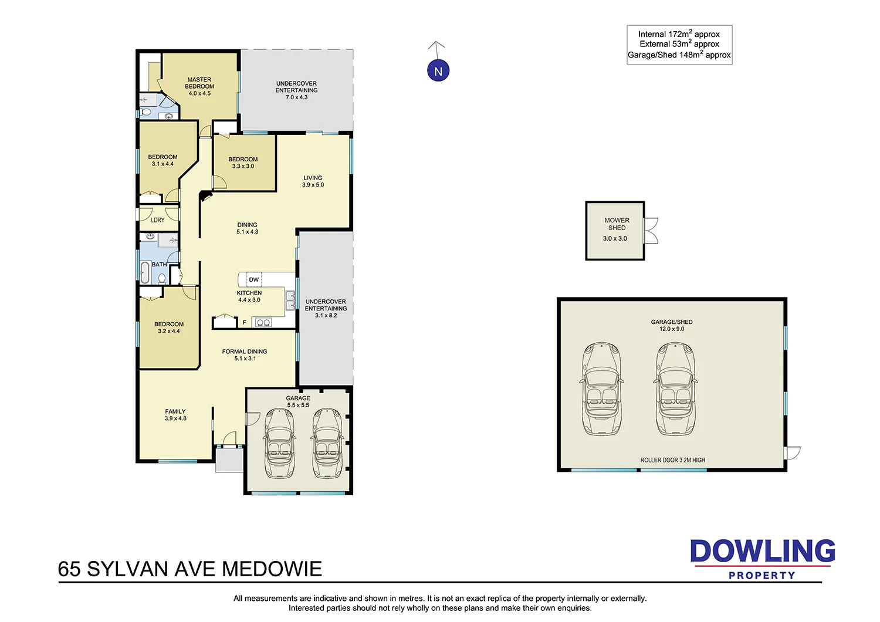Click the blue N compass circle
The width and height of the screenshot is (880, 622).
438,71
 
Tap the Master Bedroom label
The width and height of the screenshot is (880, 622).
199,83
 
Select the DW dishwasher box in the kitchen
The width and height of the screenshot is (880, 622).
253,279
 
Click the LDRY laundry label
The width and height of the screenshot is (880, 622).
158,220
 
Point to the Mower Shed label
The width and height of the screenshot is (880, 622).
617,224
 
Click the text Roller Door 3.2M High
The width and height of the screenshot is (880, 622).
672,460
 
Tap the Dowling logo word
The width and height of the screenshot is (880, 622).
762,552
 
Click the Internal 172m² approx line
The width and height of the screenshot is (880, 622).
679,34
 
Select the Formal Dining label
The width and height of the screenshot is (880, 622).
245,351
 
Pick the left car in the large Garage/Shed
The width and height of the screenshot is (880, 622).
601,389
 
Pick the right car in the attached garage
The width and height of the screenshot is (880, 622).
327,443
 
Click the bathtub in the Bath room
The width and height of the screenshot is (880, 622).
144,273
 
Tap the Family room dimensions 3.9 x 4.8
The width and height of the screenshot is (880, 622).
175,418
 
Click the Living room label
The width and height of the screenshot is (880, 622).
313,178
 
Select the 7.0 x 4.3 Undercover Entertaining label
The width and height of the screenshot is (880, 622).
296,97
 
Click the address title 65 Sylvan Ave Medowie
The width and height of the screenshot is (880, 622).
190,569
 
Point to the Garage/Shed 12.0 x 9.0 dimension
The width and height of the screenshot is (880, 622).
672,329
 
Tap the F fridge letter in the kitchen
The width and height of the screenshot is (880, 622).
245,322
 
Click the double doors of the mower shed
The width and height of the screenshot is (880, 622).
651,231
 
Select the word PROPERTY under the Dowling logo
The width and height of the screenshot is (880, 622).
761,576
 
